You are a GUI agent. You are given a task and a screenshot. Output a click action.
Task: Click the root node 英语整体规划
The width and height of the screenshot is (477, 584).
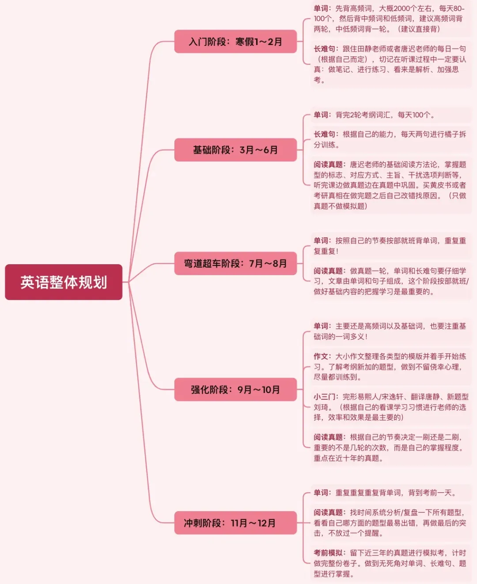[64, 282]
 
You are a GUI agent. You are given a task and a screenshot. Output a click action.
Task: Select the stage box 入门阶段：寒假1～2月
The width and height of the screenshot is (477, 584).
[235, 42]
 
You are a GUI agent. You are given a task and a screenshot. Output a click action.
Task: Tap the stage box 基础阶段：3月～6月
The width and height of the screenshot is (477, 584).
[235, 150]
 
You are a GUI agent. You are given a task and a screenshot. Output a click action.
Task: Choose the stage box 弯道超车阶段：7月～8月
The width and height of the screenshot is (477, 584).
[235, 263]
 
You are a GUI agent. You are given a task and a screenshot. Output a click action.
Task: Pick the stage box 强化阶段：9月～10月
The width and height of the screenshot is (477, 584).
[235, 389]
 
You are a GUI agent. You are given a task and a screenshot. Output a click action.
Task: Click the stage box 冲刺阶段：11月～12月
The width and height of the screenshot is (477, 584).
[235, 523]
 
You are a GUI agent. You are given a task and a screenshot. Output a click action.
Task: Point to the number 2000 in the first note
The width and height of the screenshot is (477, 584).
[401, 8]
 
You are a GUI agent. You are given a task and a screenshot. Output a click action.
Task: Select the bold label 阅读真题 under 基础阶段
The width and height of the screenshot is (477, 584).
[328, 165]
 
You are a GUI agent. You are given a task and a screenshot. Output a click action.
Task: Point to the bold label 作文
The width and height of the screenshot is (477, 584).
[321, 356]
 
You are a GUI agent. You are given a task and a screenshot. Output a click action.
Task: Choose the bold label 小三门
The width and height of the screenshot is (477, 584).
[325, 397]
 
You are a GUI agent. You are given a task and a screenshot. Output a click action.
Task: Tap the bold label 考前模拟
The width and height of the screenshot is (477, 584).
[328, 553]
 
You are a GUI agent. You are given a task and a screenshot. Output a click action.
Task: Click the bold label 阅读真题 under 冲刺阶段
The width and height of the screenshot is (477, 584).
[328, 513]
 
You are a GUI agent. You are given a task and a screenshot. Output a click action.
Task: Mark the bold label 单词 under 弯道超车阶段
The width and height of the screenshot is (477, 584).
[321, 241]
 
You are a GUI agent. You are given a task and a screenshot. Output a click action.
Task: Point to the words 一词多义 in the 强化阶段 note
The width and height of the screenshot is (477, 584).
[349, 337]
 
